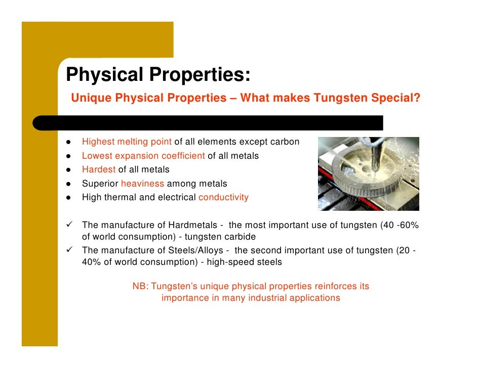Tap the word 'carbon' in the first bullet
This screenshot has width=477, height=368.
pos(286,142)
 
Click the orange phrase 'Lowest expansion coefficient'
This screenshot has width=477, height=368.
pos(143,156)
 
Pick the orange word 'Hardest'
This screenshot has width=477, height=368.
pos(99,169)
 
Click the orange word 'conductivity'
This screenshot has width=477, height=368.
pos(223,197)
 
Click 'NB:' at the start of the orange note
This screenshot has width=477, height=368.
pos(140,287)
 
